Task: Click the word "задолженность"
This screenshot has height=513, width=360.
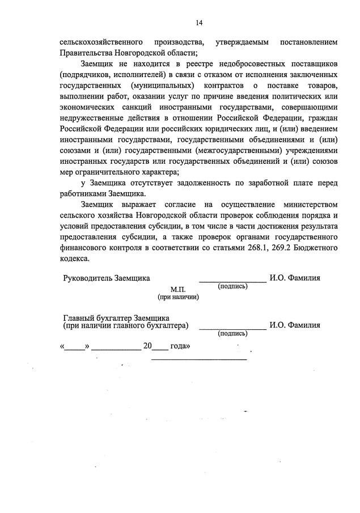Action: (x=197, y=183)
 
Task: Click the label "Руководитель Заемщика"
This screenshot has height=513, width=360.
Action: (x=107, y=278)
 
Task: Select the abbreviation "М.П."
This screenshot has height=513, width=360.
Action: (x=178, y=289)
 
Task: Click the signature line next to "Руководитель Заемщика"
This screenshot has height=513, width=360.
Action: (x=232, y=281)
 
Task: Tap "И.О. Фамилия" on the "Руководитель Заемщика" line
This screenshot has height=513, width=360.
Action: (x=295, y=278)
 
